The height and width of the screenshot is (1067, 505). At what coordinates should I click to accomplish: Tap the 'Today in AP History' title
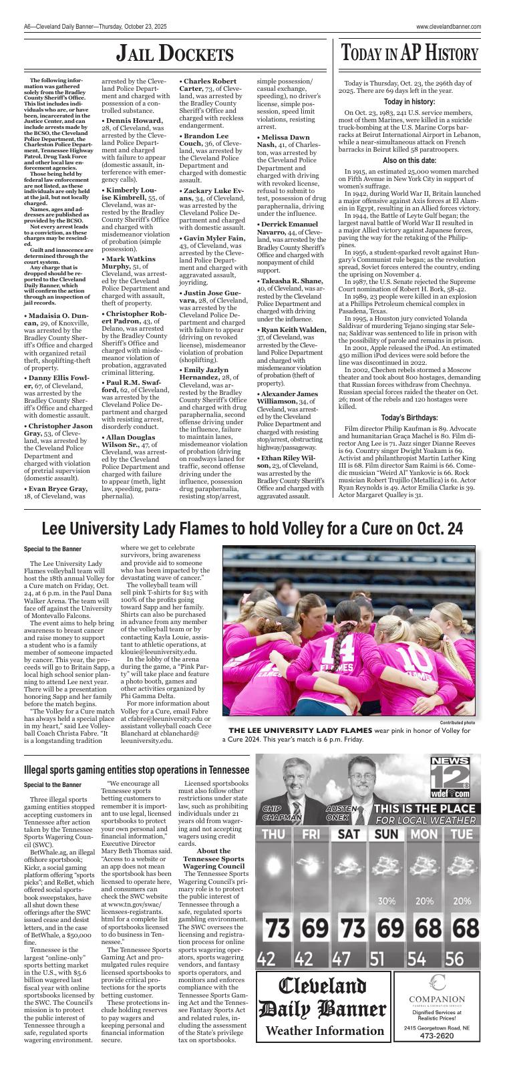click(x=409, y=54)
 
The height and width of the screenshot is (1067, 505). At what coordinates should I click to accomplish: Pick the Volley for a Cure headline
click(x=252, y=528)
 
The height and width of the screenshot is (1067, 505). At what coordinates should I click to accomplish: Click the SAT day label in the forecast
click(x=349, y=834)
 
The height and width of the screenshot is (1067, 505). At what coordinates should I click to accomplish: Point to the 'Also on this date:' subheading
click(x=409, y=161)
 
